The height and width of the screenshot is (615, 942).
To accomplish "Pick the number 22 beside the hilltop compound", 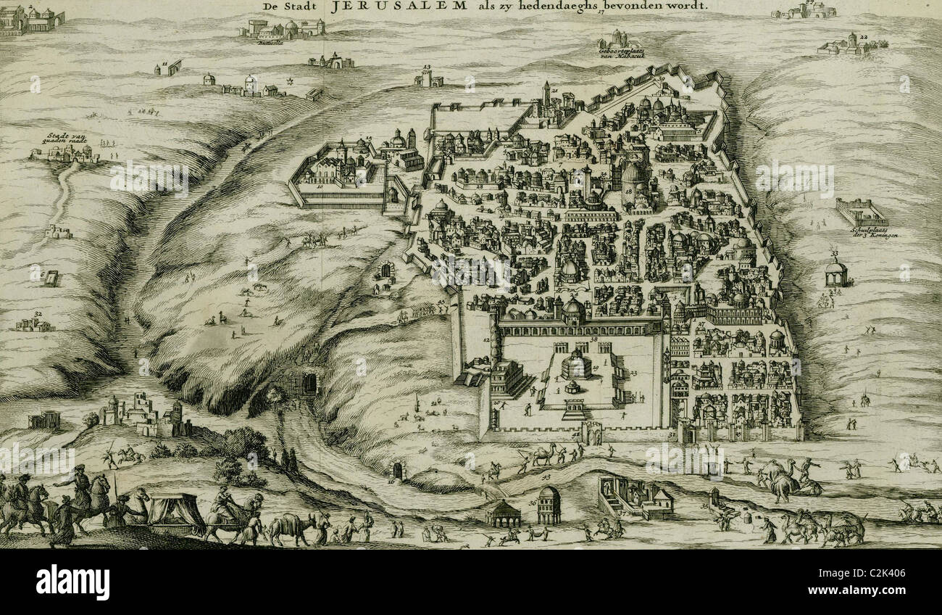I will pos(864,36).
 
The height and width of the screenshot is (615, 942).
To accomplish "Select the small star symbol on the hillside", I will pos(291,81).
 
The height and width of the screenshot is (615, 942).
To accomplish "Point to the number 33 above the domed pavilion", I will pos(835,254).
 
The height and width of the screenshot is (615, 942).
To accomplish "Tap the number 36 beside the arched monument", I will pos(533,501).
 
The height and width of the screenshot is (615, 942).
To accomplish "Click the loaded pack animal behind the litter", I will pos(291,527).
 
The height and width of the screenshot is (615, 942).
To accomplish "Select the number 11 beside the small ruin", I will pos(164,64).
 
